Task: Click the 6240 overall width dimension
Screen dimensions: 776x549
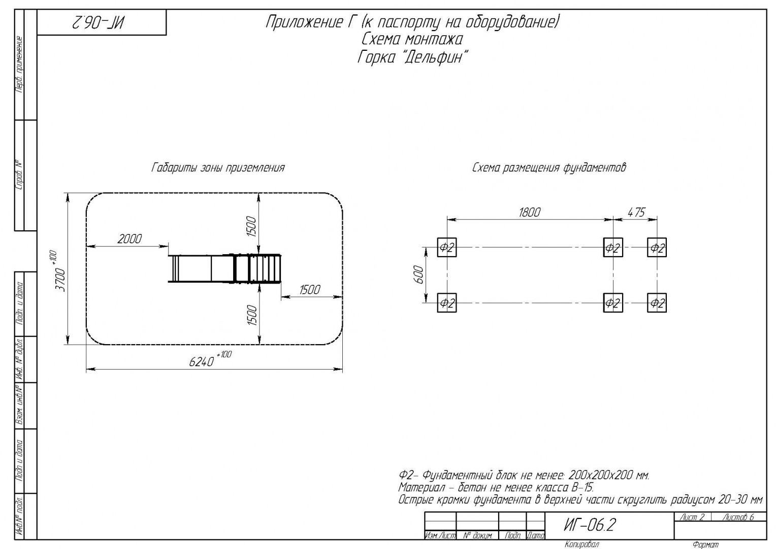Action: (x=202, y=362)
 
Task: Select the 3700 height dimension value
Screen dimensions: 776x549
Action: (x=60, y=280)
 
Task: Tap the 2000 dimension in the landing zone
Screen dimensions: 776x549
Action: (x=130, y=239)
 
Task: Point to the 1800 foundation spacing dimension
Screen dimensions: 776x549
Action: (x=529, y=212)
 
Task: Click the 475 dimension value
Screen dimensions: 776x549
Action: (x=636, y=212)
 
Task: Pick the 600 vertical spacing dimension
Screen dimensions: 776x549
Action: (x=419, y=274)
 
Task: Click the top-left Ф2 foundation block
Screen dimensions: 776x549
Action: (x=446, y=247)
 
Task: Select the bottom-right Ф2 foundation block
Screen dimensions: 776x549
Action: (x=657, y=303)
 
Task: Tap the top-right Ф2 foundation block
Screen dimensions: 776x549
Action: (x=657, y=247)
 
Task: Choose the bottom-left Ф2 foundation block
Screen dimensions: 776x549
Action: (x=446, y=303)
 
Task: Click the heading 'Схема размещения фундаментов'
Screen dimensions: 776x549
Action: (x=549, y=168)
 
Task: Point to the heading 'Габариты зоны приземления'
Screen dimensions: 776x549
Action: (x=218, y=168)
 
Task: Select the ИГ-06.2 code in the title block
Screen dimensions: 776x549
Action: (x=590, y=525)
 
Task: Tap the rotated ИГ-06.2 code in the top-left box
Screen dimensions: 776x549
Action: (x=99, y=23)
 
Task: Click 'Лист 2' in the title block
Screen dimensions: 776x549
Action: (x=692, y=517)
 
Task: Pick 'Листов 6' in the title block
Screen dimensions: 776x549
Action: (x=738, y=517)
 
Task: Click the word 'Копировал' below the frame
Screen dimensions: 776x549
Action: (x=581, y=544)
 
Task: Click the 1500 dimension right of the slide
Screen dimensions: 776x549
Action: (x=310, y=290)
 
